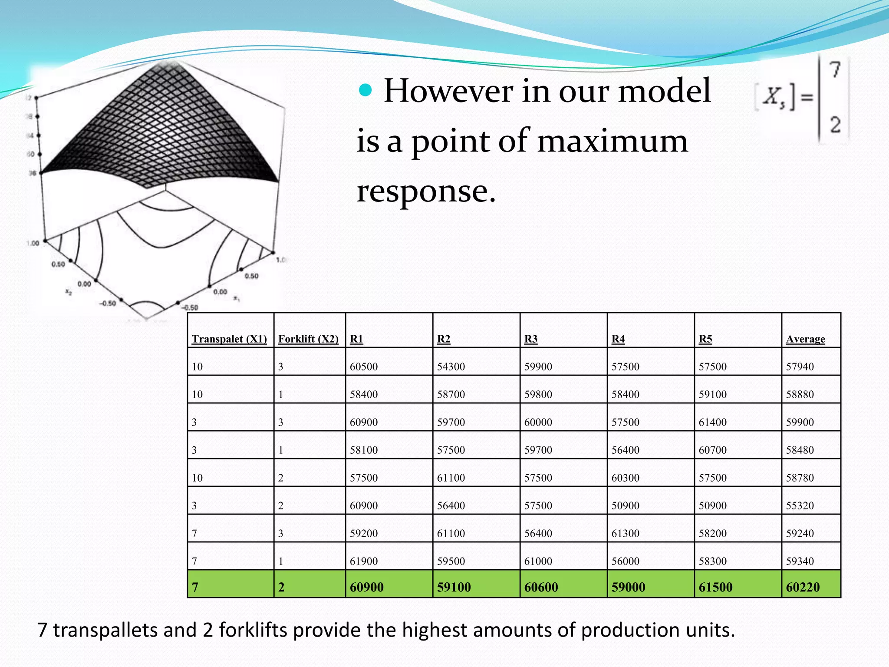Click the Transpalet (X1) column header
pos(229,339)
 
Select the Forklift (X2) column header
pos(308,339)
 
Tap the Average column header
pos(805,339)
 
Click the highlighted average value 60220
pos(803,587)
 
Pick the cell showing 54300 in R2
pos(451,367)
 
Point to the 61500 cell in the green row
pos(715,587)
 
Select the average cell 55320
pos(800,505)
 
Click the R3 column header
pos(530,339)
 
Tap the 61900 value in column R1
pos(364,561)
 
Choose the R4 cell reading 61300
pos(626,533)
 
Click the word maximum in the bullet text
pos(612,141)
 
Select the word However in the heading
pos(448,91)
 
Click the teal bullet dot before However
pos(366,90)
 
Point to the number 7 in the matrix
pos(835,70)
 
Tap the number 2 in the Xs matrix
pos(835,125)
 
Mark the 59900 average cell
pos(800,422)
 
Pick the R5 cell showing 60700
pos(712,450)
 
